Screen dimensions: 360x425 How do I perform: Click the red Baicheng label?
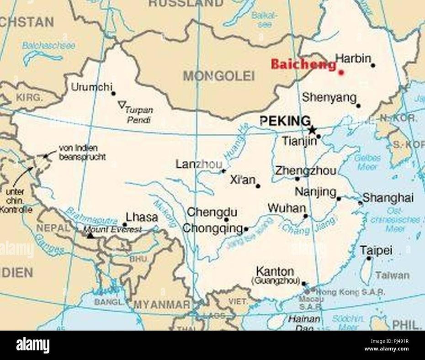303,65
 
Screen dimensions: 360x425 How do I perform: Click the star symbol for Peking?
312,130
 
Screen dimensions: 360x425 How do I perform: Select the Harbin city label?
353,58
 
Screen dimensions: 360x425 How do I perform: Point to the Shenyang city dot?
358,106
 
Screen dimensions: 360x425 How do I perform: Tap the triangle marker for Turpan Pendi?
121,105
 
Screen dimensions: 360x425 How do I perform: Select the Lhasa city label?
142,217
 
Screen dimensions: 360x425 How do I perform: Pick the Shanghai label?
388,198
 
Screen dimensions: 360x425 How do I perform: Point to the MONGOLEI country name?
219,76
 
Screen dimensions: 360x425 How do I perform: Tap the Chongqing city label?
212,228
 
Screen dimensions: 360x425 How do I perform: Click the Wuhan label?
287,208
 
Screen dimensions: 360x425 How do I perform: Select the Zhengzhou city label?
306,171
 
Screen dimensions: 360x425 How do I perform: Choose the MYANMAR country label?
162,305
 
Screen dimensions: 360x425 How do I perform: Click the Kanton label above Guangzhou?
275,271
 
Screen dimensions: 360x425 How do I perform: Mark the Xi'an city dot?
258,186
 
